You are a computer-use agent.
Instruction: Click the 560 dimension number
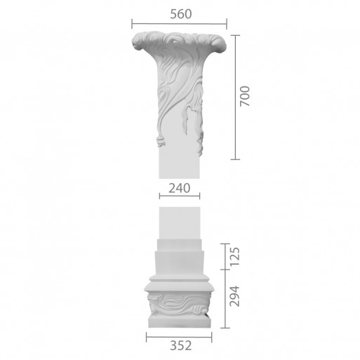[x=181, y=14]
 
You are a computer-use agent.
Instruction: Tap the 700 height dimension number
[x=245, y=96]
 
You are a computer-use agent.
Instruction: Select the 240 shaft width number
[x=180, y=188]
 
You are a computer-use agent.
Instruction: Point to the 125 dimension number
[x=235, y=256]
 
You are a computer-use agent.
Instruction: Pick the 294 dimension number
[x=235, y=296]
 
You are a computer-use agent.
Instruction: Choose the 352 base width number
[x=181, y=345]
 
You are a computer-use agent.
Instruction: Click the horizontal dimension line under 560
[x=179, y=24]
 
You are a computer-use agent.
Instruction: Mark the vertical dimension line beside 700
[x=235, y=98]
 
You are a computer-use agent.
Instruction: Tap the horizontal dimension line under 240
[x=180, y=196]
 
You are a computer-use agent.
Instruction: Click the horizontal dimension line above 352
[x=179, y=337]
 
